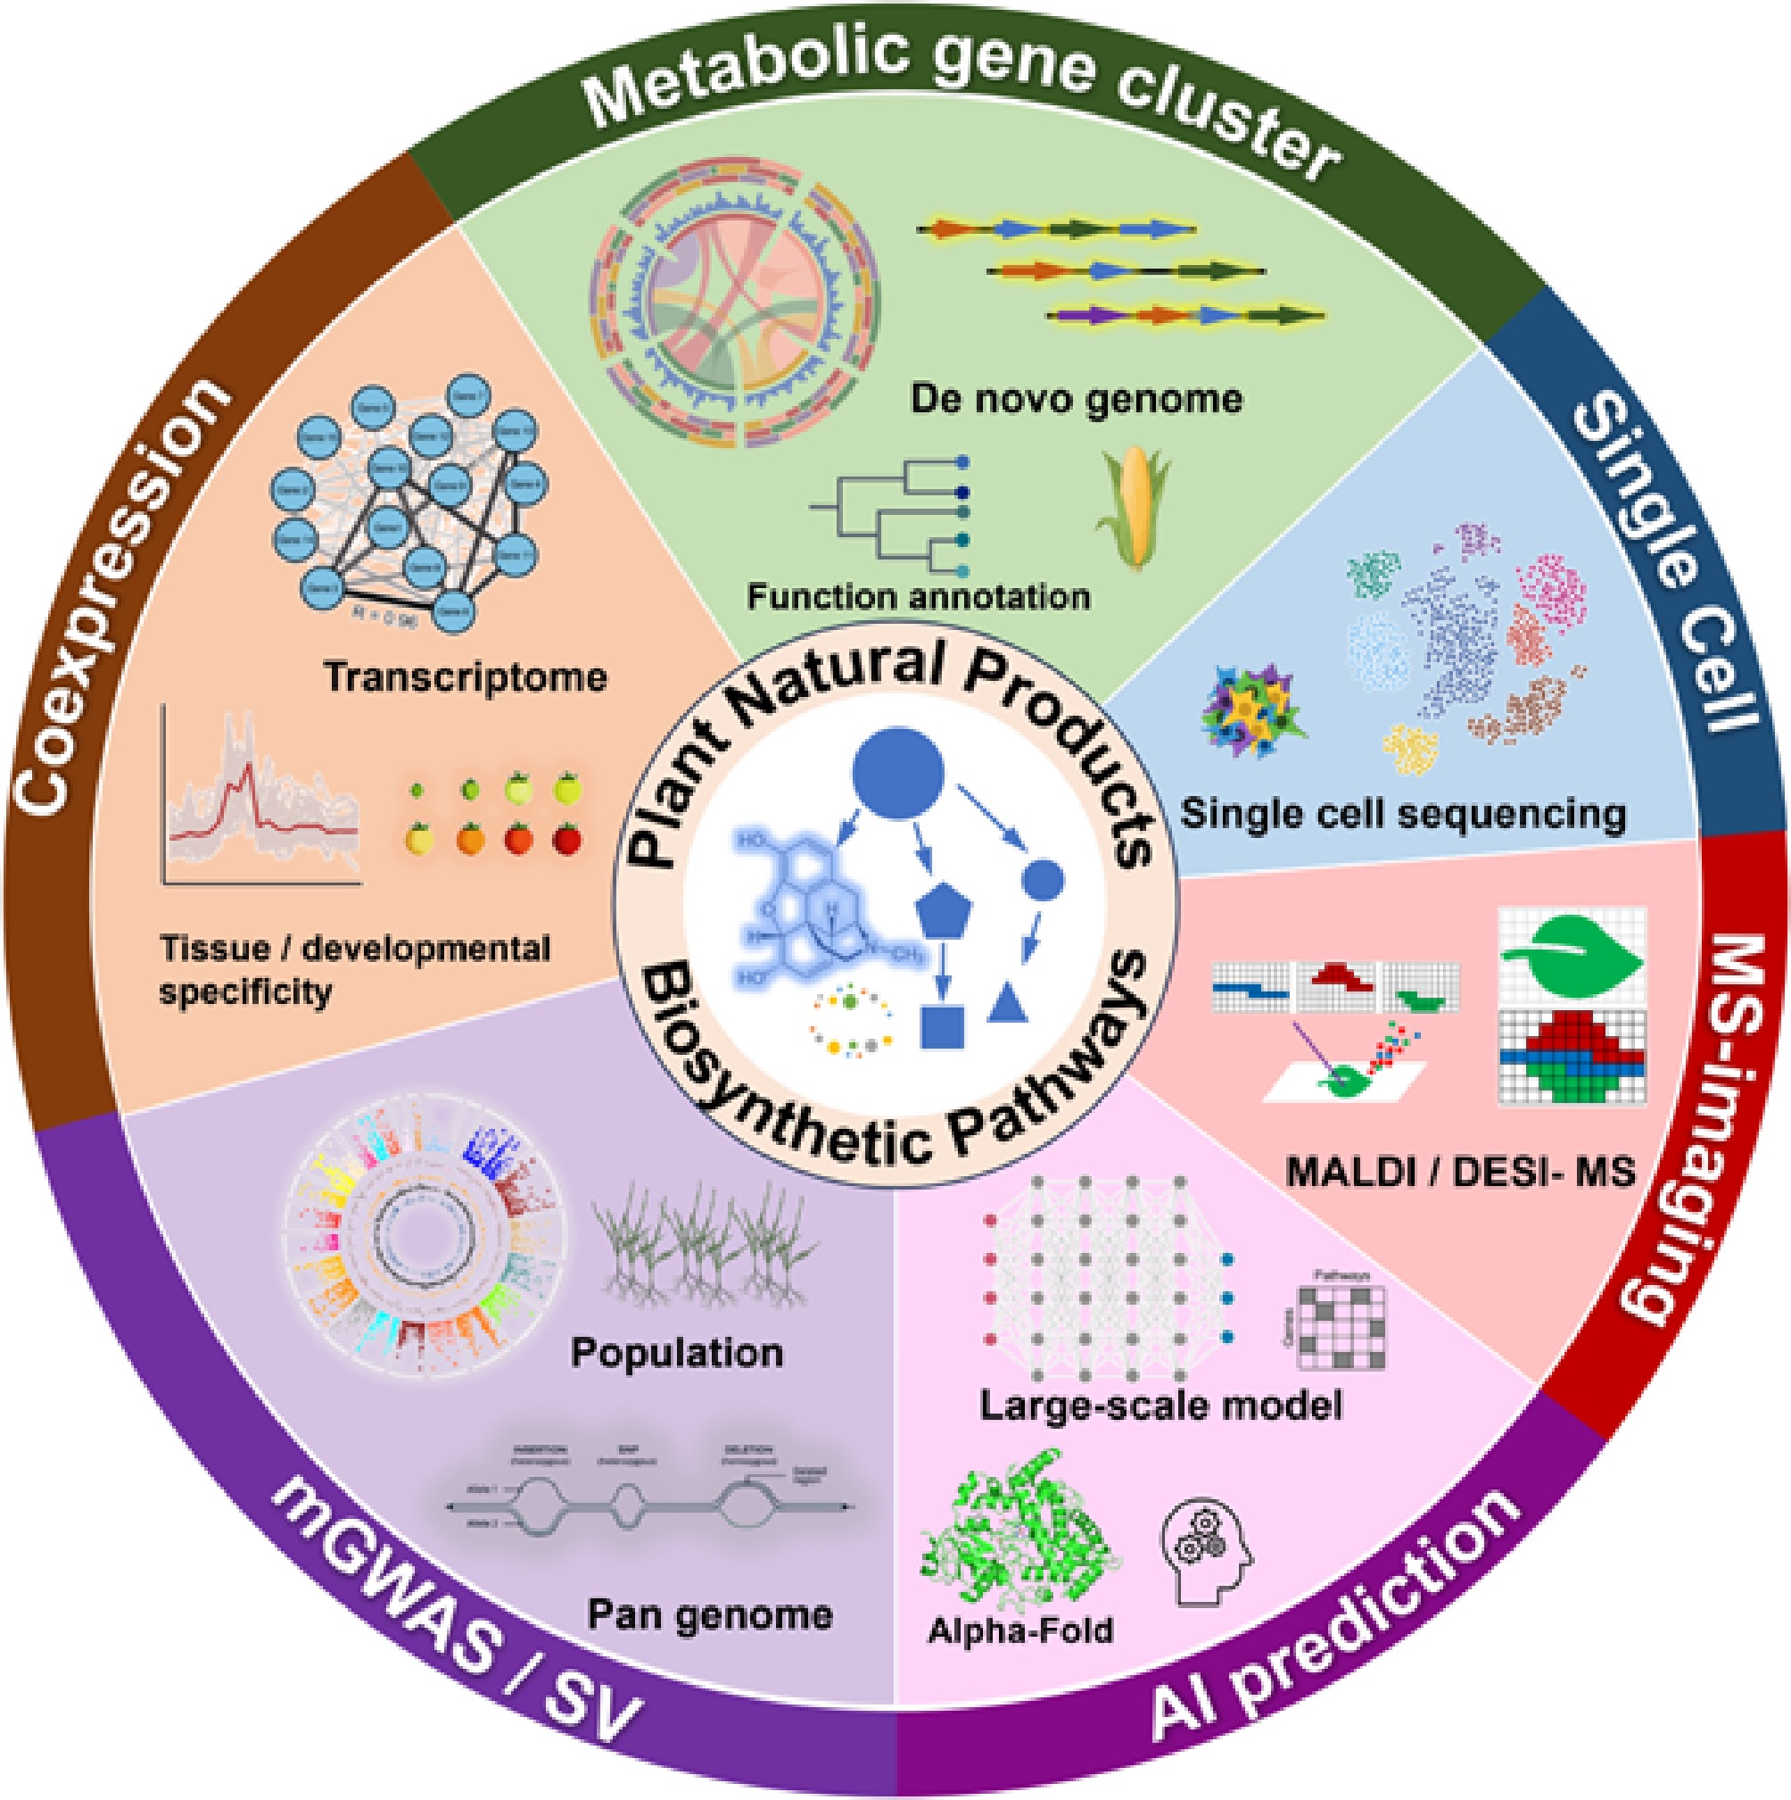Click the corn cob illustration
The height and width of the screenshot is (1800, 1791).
click(1130, 509)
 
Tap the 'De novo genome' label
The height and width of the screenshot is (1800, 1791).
click(1077, 400)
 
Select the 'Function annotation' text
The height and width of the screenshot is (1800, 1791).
click(919, 596)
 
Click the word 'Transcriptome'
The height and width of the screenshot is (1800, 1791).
click(466, 677)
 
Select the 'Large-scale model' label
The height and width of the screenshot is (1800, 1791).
click(1161, 1405)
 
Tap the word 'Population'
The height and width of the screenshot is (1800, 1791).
click(677, 1353)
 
